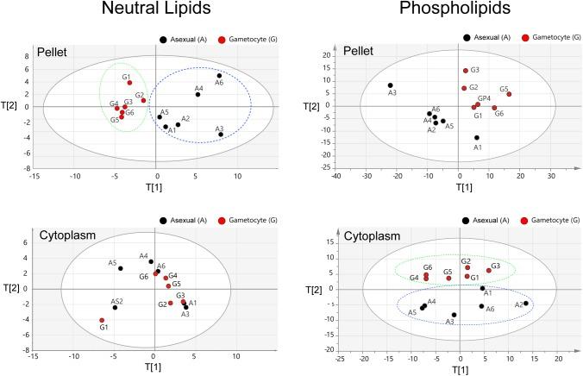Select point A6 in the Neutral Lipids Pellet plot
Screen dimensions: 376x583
click(x=219, y=76)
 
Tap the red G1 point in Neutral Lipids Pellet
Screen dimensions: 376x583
click(x=129, y=83)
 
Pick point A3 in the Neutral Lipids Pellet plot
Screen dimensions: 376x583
click(x=221, y=135)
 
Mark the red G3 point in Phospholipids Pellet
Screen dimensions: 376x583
click(x=466, y=71)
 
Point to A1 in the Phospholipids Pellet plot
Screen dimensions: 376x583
click(x=477, y=138)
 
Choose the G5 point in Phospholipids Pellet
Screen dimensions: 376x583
click(x=509, y=94)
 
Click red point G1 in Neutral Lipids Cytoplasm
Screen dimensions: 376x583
click(x=102, y=321)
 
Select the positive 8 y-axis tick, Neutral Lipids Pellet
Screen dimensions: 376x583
click(x=25, y=57)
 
